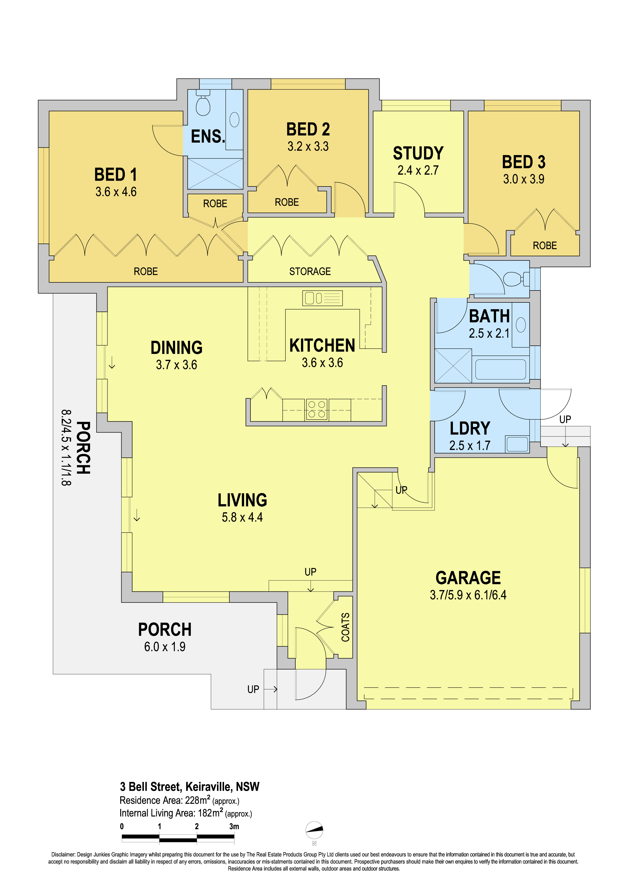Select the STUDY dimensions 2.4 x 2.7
(x=418, y=170)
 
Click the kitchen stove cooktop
(x=317, y=409)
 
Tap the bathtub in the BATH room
(x=500, y=369)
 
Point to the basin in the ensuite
(x=234, y=119)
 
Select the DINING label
(x=176, y=348)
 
